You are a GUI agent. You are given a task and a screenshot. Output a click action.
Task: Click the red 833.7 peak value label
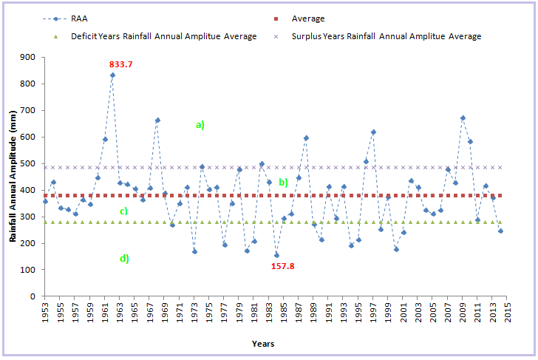(120, 64)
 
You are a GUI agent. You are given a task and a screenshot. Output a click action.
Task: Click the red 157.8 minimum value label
(282, 265)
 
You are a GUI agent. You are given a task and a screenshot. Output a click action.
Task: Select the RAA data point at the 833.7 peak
(112, 75)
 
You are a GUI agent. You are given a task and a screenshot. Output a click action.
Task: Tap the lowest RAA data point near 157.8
(276, 255)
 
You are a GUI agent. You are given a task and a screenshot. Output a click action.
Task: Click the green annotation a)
(200, 125)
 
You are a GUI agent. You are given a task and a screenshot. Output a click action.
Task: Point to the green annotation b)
(282, 182)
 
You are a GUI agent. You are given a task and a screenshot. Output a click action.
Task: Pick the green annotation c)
(124, 211)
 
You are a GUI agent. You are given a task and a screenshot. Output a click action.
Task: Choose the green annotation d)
(124, 258)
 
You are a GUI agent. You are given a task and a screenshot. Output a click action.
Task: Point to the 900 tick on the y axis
(29, 57)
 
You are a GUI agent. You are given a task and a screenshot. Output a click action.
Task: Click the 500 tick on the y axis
(29, 163)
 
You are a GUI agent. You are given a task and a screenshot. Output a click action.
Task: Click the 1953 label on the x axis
(45, 313)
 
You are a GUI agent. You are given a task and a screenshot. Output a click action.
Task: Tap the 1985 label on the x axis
(284, 313)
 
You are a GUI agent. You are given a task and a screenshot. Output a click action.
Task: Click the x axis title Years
(262, 344)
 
